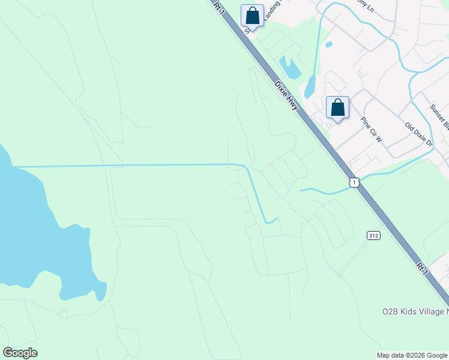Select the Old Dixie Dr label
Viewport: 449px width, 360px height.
tap(419, 135)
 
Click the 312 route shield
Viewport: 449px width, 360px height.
tap(373, 236)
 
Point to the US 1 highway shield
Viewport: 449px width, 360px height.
tap(355, 182)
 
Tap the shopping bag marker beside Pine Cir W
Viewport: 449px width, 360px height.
tap(338, 108)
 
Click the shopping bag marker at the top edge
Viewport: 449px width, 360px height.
tap(253, 16)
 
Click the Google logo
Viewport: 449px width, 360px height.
tap(20, 352)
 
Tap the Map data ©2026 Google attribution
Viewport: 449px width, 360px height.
tap(412, 355)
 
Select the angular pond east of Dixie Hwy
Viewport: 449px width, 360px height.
tap(291, 68)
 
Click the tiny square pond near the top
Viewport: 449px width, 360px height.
tap(328, 44)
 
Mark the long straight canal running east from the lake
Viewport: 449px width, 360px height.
tap(120, 165)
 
